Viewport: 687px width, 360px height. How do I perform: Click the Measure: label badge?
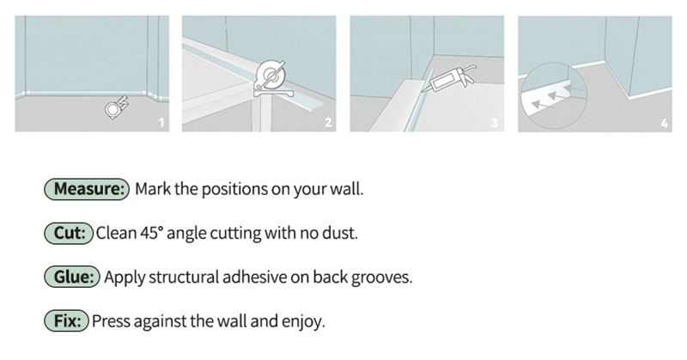coord(87,189)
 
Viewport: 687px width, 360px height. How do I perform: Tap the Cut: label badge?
coord(69,233)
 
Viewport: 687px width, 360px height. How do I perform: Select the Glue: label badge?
coord(72,277)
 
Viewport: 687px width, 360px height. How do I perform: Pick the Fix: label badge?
coord(67,320)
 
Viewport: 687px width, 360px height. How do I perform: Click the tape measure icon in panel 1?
coord(117,107)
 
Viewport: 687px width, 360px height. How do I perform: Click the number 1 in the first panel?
coord(161,123)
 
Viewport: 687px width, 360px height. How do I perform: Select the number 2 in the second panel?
coord(328,123)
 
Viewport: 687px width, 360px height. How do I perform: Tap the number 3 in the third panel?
coord(495,123)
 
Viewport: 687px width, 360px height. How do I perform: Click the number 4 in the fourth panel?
coord(664,123)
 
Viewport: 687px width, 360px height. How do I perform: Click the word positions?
coord(234,190)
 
